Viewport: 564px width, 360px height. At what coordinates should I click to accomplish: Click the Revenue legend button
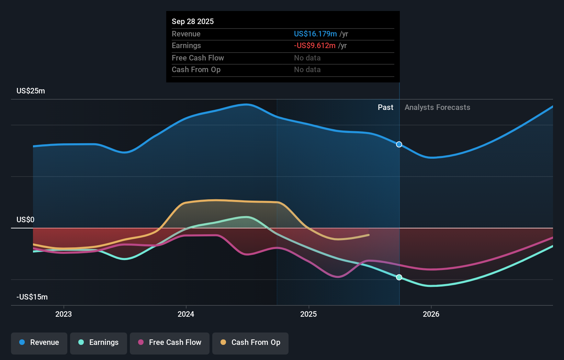tap(39, 342)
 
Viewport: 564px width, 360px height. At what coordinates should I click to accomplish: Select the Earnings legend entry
tap(99, 342)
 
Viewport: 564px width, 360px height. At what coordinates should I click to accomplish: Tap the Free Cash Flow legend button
tap(170, 342)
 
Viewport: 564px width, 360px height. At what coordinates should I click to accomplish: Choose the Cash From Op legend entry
tap(250, 342)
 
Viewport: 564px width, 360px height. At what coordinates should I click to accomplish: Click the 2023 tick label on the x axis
tap(64, 314)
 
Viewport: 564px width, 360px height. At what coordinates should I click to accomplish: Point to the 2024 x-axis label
tap(186, 314)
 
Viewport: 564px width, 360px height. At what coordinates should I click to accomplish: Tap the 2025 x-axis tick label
tap(308, 314)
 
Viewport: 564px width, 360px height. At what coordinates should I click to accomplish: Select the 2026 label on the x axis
tap(431, 314)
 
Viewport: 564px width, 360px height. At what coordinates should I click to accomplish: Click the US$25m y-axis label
tap(31, 91)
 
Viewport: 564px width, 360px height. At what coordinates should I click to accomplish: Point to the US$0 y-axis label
tap(25, 220)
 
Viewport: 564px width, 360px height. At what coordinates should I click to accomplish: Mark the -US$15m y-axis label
tap(32, 297)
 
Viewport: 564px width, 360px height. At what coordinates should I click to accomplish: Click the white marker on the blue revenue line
tap(399, 144)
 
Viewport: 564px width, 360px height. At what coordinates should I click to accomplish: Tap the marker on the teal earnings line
tap(399, 277)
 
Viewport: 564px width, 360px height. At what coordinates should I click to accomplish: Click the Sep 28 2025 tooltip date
tap(193, 22)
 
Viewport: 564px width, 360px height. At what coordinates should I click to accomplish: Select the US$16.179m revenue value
tap(315, 34)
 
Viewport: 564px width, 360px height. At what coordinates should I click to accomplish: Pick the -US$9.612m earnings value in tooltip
tap(315, 46)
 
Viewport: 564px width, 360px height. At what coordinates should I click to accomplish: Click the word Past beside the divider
tap(385, 108)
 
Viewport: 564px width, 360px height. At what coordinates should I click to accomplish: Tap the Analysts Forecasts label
tap(437, 108)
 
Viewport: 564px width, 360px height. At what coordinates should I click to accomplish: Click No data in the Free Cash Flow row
tap(307, 58)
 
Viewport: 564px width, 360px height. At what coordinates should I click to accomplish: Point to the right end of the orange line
tap(369, 235)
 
